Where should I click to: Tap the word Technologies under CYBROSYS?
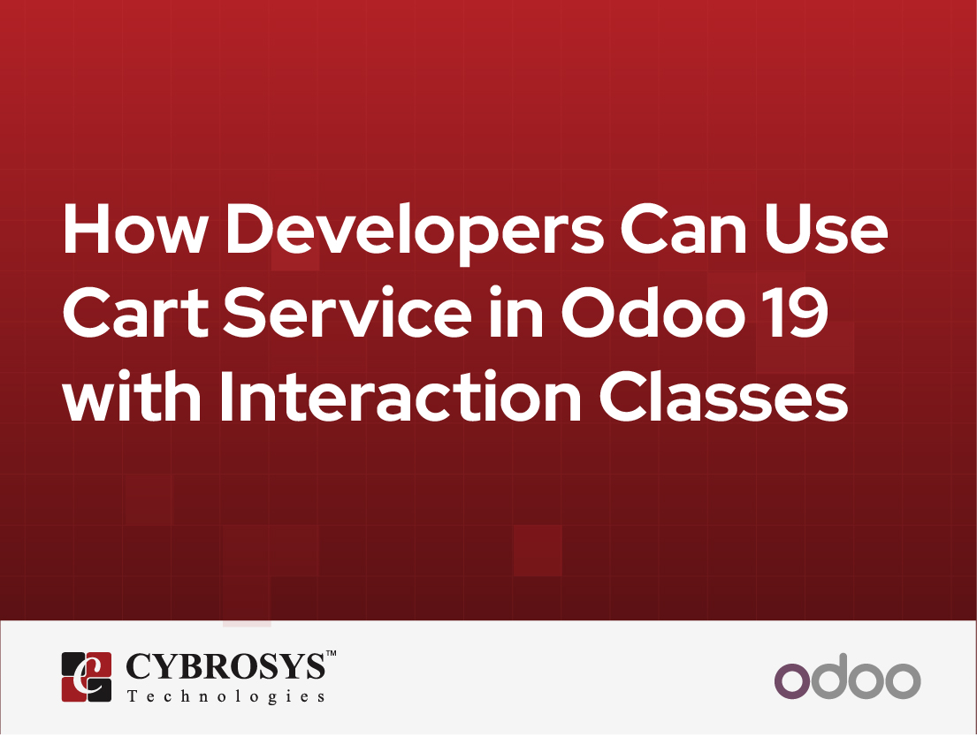pyautogui.click(x=225, y=697)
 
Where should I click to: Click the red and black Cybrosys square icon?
pyautogui.click(x=87, y=677)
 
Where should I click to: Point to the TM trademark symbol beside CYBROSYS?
pyautogui.click(x=331, y=655)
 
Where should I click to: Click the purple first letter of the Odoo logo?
pyautogui.click(x=793, y=681)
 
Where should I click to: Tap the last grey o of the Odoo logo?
pyautogui.click(x=902, y=681)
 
